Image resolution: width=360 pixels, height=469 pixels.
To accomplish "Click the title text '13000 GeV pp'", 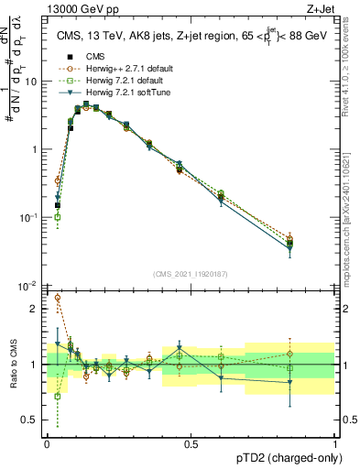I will (74, 7).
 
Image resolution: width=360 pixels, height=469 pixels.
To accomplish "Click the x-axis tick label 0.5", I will (191, 442).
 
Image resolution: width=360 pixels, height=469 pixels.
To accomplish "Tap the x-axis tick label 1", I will (334, 442).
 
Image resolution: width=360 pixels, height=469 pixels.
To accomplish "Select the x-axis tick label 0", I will (47, 442).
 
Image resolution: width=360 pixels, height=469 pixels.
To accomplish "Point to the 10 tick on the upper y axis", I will (30, 82).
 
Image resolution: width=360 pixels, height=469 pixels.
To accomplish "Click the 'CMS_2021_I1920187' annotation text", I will (191, 274).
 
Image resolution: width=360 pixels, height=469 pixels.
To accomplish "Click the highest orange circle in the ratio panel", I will (58, 298).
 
